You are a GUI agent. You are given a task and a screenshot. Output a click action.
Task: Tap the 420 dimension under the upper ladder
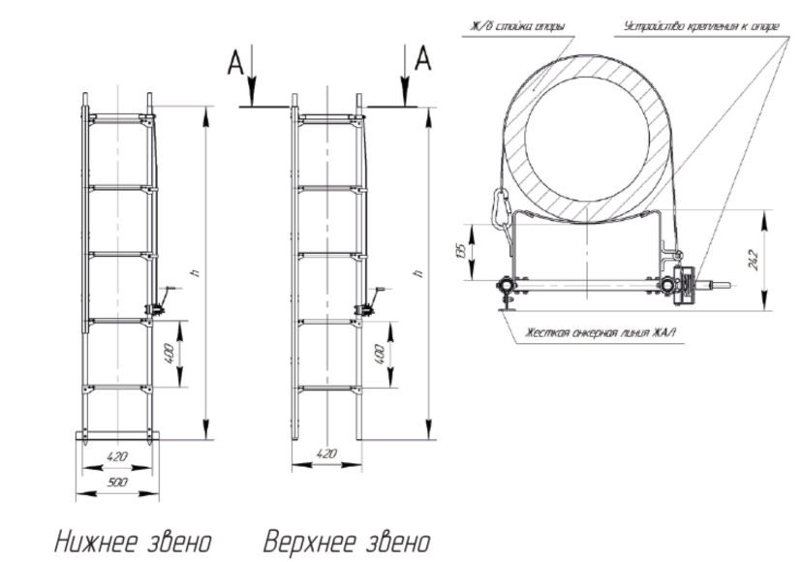(x=327, y=453)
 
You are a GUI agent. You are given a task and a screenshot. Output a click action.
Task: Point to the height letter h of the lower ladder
(x=195, y=274)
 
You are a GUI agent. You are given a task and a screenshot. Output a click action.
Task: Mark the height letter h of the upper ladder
(x=417, y=274)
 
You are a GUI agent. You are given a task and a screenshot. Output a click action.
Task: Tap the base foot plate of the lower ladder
(x=116, y=435)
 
